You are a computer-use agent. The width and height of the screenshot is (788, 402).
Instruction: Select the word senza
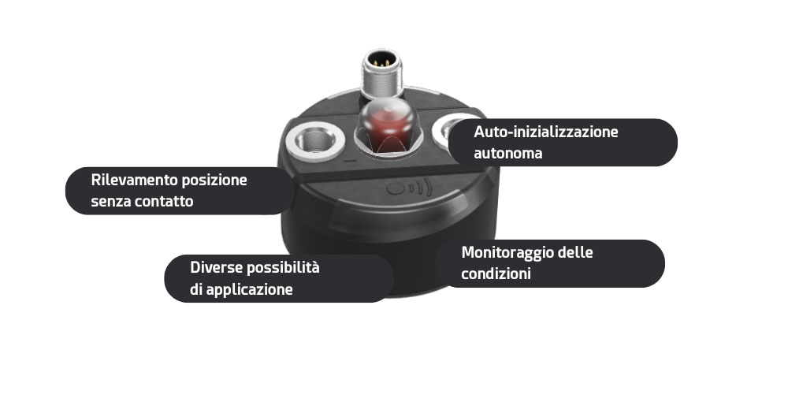point(107,202)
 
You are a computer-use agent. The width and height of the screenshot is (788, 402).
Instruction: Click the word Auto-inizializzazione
point(546,132)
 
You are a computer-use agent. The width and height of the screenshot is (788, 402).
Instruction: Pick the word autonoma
point(508,153)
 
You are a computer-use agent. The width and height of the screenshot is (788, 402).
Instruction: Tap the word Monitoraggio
point(507,253)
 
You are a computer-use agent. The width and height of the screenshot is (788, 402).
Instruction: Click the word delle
point(576,251)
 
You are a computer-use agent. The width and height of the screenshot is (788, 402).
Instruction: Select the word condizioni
point(496,274)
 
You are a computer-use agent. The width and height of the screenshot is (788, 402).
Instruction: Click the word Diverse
point(217,267)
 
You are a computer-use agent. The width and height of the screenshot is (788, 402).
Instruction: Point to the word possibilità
point(284,268)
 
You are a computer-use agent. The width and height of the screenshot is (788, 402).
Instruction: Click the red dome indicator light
point(385,124)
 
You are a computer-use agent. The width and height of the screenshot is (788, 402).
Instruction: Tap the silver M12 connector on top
point(382,73)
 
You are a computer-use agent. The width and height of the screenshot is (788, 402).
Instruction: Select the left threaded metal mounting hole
point(315,140)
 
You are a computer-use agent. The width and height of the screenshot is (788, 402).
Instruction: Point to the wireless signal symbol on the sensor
point(409,188)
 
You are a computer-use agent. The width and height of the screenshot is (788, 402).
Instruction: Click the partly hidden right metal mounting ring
point(441,128)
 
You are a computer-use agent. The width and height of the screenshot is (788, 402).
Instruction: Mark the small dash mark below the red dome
point(351,162)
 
